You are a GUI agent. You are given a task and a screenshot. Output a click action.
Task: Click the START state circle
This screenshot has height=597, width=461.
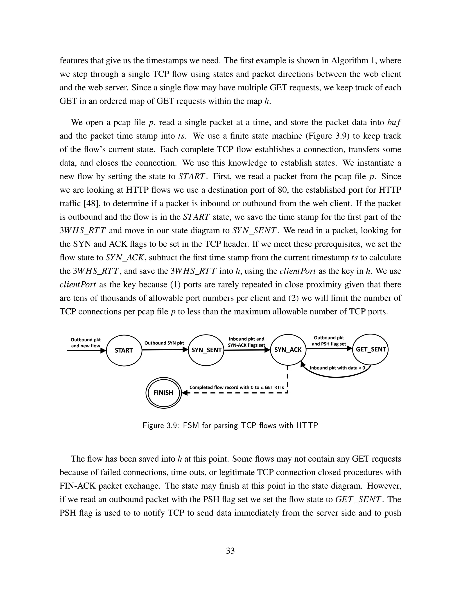124,350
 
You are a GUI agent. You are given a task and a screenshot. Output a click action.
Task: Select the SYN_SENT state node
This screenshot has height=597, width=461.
206,350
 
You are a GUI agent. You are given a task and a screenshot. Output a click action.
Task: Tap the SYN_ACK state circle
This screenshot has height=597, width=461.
288,350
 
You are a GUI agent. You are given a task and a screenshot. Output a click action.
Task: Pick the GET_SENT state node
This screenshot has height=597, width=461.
371,349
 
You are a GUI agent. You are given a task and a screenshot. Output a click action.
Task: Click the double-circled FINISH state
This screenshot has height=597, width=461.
163,392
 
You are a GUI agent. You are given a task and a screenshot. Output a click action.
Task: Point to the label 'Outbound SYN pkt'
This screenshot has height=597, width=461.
164,343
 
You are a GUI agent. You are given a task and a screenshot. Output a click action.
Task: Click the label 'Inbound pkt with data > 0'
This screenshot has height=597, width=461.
337,368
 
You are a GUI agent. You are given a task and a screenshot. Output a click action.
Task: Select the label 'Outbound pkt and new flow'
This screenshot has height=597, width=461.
86,342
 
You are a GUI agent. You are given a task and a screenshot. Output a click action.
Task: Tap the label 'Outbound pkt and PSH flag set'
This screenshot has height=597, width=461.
329,341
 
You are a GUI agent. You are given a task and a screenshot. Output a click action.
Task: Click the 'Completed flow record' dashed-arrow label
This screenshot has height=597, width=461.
237,387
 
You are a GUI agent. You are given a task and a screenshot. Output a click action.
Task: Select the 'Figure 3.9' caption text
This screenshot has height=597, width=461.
230,425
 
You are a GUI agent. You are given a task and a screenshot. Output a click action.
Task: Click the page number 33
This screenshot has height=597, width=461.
230,551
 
